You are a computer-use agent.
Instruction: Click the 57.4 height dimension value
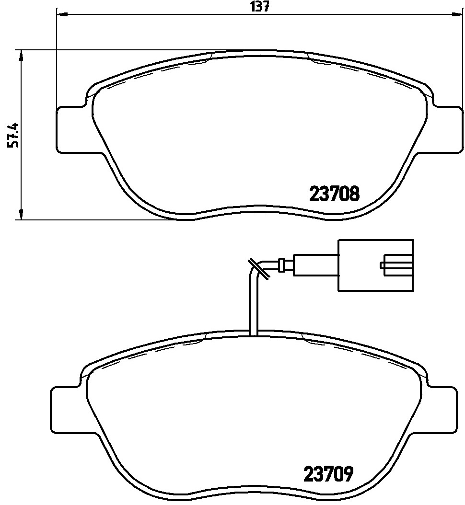coord(14,135)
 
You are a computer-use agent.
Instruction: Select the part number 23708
coord(334,194)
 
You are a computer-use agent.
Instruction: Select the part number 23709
coord(329,474)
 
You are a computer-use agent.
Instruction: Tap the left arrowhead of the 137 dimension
coord(62,14)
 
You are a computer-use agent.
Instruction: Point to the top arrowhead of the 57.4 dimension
coord(21,56)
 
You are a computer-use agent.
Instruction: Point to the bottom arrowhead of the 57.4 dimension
coord(21,215)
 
